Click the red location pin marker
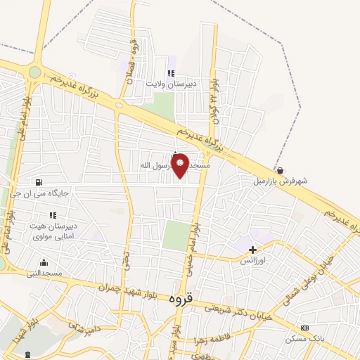coord(181,165)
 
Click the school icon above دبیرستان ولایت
coord(169,73)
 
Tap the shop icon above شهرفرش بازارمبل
coord(280,170)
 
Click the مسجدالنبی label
coord(44,272)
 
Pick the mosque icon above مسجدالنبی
coord(44,262)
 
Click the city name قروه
coord(181,297)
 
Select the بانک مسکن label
coord(305,339)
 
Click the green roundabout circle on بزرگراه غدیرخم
coord(34,72)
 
